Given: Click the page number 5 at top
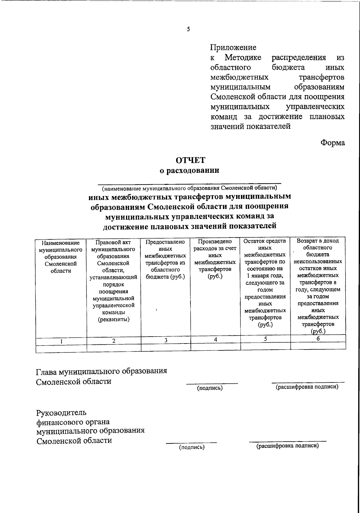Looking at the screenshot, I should coord(188,29).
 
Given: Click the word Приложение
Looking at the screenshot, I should coord(233,47).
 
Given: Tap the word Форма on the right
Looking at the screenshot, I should coord(333,143).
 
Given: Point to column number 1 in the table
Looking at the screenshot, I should coord(61,341).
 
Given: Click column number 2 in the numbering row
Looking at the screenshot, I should coord(114,341).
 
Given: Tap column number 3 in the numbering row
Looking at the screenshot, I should coord(165,340).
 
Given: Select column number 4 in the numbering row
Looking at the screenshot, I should coord(215,339).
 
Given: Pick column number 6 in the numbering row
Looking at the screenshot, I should coord(318,338).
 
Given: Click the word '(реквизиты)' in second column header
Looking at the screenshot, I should coord(114,319).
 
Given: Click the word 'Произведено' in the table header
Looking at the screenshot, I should coord(215,241).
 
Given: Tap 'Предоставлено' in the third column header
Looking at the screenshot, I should coord(165,242).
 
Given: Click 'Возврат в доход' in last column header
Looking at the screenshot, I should coord(318,241).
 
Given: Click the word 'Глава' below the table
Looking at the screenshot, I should coord(46,372).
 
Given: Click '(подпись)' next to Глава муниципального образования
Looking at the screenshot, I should coord(210,388).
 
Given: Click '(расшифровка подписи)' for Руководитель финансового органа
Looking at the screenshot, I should coord(287,446).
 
